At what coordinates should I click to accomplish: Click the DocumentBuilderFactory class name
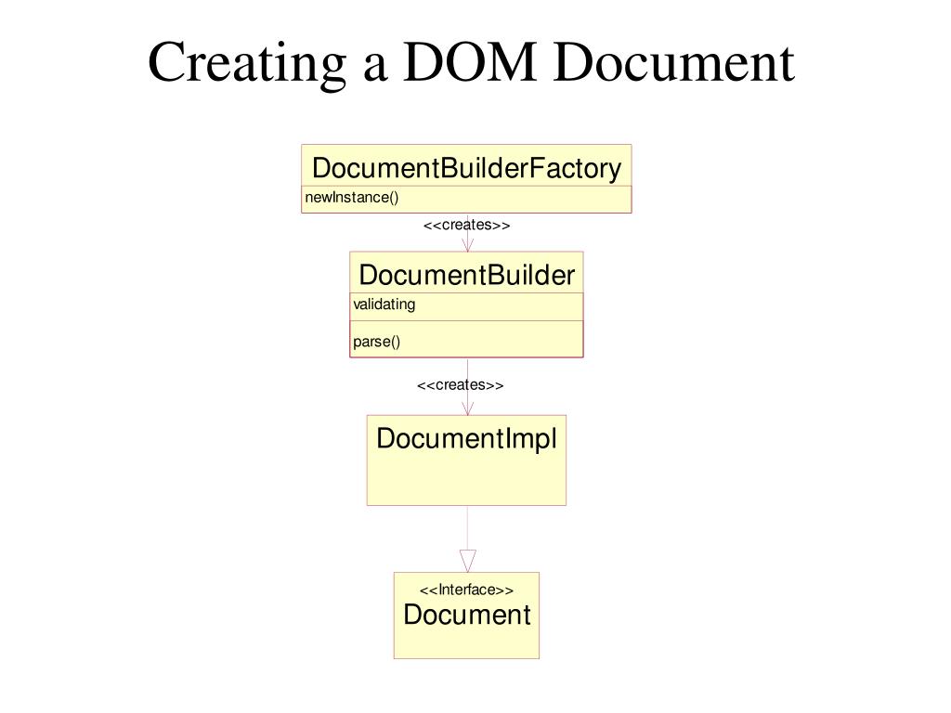coord(466,168)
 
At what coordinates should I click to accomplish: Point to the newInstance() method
coord(352,197)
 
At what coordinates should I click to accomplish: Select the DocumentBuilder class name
coord(466,275)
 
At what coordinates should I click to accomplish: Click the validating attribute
coord(384,305)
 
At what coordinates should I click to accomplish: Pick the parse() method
coord(376,341)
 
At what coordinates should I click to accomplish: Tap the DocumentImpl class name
coord(466,438)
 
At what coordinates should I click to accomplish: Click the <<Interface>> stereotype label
coord(466,590)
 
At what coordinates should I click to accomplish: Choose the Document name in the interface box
coord(466,615)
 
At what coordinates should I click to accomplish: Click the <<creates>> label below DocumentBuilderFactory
coord(466,226)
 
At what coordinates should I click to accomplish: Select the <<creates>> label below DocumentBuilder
coord(460,385)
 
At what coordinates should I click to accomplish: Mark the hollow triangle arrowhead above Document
coord(467,561)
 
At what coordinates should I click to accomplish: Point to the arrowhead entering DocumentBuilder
coord(467,245)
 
